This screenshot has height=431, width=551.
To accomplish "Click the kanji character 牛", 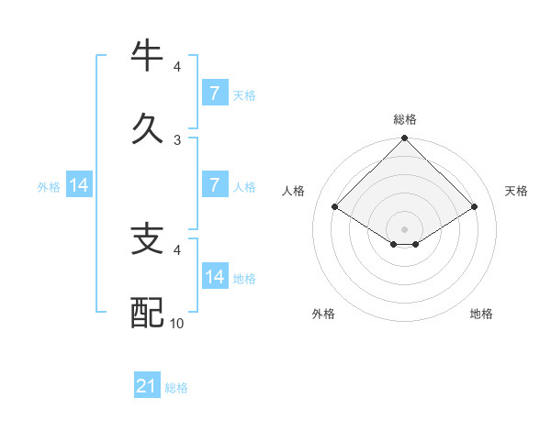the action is pos(148,57).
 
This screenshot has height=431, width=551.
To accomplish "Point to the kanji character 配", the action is pos(148,312).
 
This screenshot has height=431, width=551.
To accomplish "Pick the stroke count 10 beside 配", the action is pos(177,323).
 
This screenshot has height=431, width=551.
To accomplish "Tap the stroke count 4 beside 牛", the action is pos(177,67).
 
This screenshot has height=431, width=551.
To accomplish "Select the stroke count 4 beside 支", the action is pos(177,249).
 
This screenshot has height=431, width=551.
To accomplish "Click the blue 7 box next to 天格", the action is pos(214,93).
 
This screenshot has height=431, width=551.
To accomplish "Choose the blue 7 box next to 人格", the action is pos(214,184).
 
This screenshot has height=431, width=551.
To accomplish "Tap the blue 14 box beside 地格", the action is pos(214,276).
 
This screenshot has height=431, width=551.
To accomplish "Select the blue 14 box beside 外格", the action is pos(79,184).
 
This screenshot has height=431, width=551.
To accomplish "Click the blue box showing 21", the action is pos(146,386).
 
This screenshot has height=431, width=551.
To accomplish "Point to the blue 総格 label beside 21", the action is pos(176,387).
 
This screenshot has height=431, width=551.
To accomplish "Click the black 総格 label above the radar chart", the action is pos(405,119).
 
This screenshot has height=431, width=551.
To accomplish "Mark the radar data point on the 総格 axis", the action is pos(405,139).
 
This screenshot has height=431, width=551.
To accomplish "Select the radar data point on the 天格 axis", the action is pos(475,207).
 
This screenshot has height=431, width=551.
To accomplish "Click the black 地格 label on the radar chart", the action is pos(481,314).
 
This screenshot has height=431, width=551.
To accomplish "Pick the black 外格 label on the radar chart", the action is pos(323,314).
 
